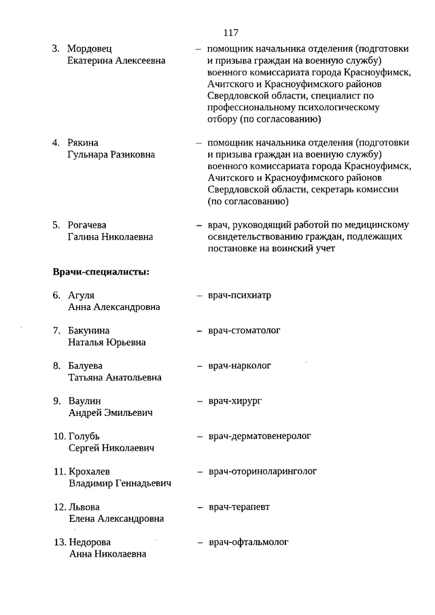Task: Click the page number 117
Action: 230,32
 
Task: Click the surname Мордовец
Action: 90,49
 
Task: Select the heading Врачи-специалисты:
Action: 101,273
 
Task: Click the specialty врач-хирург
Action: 235,401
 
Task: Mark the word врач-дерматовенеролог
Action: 260,436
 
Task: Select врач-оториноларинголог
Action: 262,471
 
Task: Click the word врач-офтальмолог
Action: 248,542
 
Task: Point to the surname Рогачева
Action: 88,225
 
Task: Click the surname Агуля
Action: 82,296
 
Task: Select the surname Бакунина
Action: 91,331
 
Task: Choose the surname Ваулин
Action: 85,401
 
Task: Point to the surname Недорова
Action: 90,542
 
